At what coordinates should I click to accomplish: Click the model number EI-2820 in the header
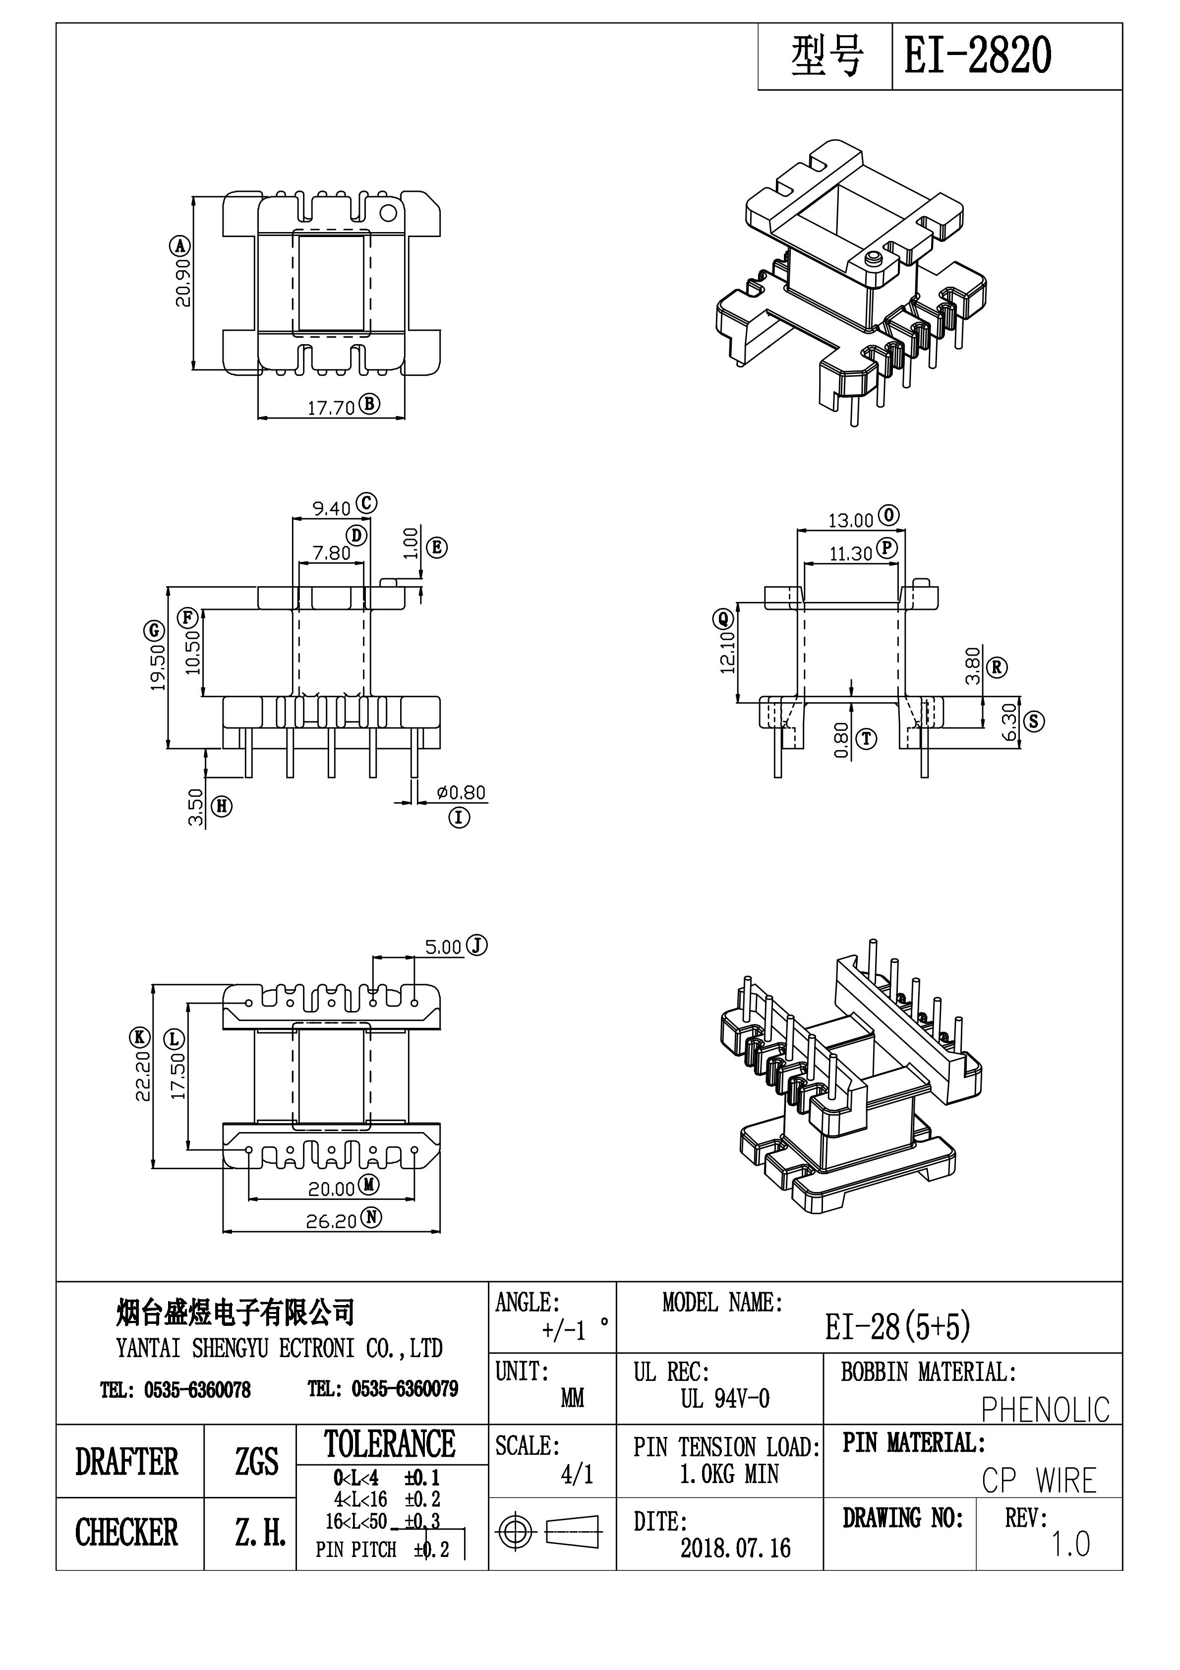[x=977, y=57]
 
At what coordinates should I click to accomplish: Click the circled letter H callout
[x=221, y=806]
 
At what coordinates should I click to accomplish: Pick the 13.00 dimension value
[x=850, y=520]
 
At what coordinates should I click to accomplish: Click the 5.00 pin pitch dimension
[x=443, y=947]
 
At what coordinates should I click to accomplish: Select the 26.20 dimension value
[x=331, y=1221]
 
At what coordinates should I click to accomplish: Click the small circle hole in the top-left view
[x=389, y=213]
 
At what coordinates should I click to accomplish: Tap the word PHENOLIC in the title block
[x=1045, y=1410]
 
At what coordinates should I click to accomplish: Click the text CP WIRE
[x=1038, y=1481]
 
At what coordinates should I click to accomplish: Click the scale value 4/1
[x=577, y=1474]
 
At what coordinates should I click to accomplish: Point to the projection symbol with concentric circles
[x=514, y=1533]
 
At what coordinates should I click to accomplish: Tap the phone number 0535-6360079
[x=405, y=1389]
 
